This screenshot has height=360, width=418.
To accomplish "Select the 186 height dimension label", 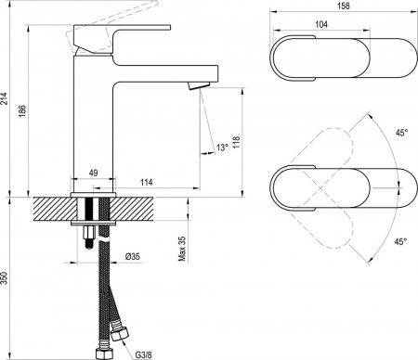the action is click(x=23, y=111).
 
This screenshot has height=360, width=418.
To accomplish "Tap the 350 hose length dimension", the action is click(x=4, y=278).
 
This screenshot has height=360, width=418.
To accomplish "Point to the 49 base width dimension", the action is click(x=93, y=173).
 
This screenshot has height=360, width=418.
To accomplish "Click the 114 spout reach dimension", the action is click(x=146, y=182).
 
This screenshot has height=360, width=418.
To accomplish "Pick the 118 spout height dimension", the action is click(x=237, y=142).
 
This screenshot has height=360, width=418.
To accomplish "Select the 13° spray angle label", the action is click(x=222, y=148).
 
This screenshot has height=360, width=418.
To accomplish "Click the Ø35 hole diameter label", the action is click(x=133, y=256).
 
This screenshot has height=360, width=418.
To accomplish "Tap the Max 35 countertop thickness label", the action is click(x=182, y=249).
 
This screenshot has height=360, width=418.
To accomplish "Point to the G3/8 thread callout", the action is click(x=144, y=354).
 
